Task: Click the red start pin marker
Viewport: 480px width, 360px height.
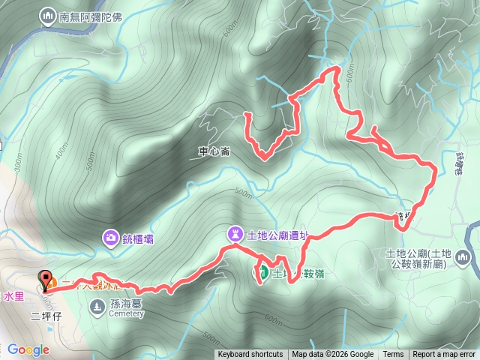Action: click(45, 280)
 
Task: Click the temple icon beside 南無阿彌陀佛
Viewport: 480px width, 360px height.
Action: click(49, 15)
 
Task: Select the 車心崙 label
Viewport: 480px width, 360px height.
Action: click(214, 151)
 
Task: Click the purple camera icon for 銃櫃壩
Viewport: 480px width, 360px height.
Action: click(111, 238)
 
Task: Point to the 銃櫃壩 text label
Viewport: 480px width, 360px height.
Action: click(139, 238)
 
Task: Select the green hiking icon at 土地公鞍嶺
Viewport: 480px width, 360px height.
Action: click(262, 273)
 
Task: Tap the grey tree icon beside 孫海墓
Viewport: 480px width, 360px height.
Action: click(98, 306)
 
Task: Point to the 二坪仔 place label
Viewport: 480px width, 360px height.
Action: click(45, 316)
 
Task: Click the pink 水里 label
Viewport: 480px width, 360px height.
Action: click(14, 296)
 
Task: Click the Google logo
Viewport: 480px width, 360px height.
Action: click(28, 349)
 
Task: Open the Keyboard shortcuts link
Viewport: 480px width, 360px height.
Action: click(250, 355)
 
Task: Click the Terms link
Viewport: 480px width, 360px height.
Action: click(393, 355)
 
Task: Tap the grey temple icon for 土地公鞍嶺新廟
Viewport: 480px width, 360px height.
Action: click(462, 259)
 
